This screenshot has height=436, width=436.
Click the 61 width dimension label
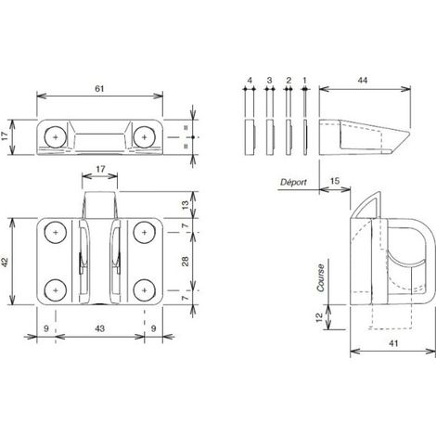pyautogui.click(x=99, y=89)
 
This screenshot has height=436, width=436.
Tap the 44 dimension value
pyautogui.click(x=363, y=81)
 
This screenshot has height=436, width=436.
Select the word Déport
pyautogui.click(x=293, y=182)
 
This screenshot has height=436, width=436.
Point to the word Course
pyautogui.click(x=321, y=277)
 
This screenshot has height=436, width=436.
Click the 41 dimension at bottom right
pyautogui.click(x=392, y=343)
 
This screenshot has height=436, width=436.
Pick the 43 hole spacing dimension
pyautogui.click(x=99, y=328)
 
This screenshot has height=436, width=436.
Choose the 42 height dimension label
pyautogui.click(x=5, y=262)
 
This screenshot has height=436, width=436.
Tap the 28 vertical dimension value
pyautogui.click(x=186, y=262)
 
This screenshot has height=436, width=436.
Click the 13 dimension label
pyautogui.click(x=185, y=205)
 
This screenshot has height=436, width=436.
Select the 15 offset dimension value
pyautogui.click(x=335, y=181)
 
